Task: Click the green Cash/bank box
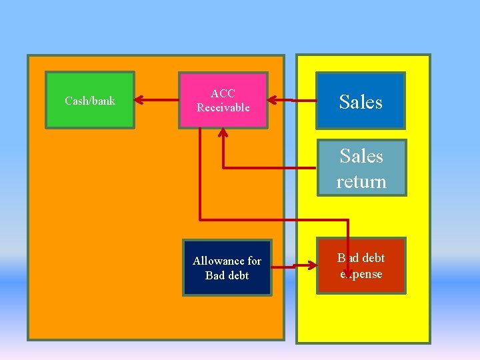90,100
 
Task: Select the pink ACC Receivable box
223,100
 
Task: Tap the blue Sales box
361,101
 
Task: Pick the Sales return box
361,168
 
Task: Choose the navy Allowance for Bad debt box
227,267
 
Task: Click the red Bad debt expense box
361,265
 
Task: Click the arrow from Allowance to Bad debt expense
294,267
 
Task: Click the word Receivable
223,107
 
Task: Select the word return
361,181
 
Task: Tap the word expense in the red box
361,274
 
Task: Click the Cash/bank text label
90,101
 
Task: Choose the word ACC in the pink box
223,93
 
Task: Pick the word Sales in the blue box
361,101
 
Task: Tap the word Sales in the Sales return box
361,156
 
